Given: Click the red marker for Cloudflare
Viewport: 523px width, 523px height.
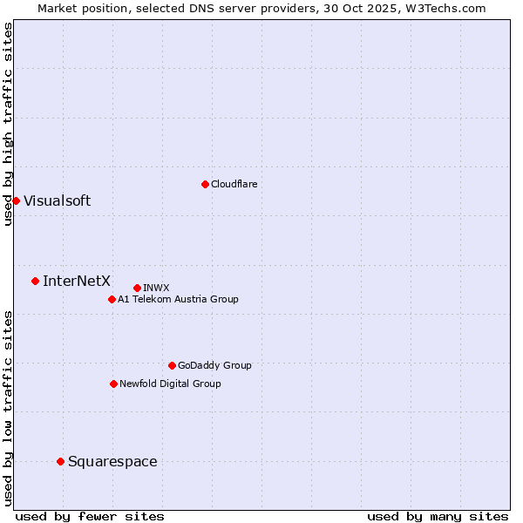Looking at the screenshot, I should (x=205, y=184).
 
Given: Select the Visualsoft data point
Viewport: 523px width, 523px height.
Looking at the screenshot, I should (x=16, y=200).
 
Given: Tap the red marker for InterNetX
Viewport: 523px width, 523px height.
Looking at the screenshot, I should (x=35, y=281).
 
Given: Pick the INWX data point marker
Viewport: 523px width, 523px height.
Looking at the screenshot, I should (x=137, y=288).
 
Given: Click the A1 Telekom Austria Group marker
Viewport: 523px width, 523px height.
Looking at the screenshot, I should (x=112, y=299).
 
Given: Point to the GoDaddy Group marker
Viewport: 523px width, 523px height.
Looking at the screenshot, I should (x=172, y=365).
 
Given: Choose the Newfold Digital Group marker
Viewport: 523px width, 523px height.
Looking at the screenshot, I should (x=113, y=384).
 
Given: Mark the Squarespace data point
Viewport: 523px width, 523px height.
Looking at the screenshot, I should (x=60, y=461).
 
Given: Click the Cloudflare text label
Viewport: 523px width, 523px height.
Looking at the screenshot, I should (x=234, y=184).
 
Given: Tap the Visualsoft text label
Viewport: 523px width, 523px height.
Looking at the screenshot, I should (x=57, y=200).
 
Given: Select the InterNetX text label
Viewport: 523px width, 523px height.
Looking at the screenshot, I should (x=77, y=281).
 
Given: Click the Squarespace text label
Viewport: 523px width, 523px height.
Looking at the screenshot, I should (x=112, y=461).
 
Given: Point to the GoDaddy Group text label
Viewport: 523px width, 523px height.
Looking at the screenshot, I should (x=214, y=365).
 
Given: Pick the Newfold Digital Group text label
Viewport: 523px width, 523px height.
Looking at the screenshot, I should (x=170, y=384).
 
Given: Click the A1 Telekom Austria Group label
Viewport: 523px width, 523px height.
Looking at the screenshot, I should (x=178, y=299).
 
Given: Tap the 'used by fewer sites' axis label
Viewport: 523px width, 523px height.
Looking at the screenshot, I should (x=90, y=516).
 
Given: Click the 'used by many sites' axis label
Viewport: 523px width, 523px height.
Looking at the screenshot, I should (x=438, y=516).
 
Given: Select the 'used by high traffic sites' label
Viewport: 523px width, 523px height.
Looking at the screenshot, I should (x=8, y=124).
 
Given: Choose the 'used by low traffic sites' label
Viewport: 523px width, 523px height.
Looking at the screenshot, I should (x=8, y=407).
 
